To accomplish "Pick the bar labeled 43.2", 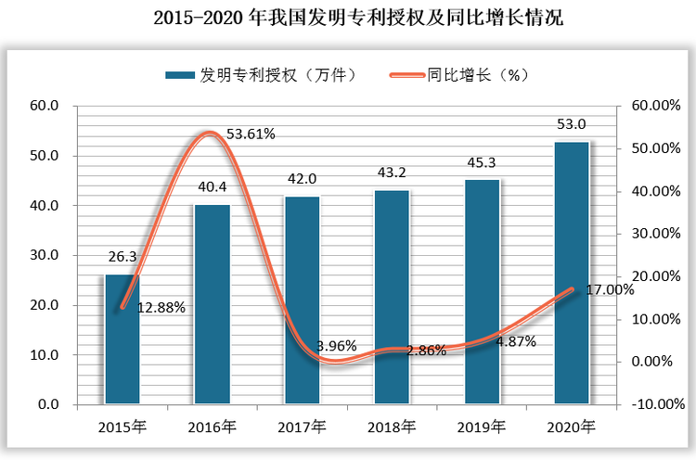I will pos(392,297).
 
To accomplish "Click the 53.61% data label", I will pos(251,134).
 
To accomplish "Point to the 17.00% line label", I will pos(610,289).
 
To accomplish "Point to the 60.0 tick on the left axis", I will pos(43,106).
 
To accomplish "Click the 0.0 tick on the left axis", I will pos(46,404).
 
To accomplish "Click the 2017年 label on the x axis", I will pos(302,428).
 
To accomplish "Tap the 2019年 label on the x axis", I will pos(482,428).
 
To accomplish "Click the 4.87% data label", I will pos(516,341).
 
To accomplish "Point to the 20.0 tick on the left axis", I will pos(43,305).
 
